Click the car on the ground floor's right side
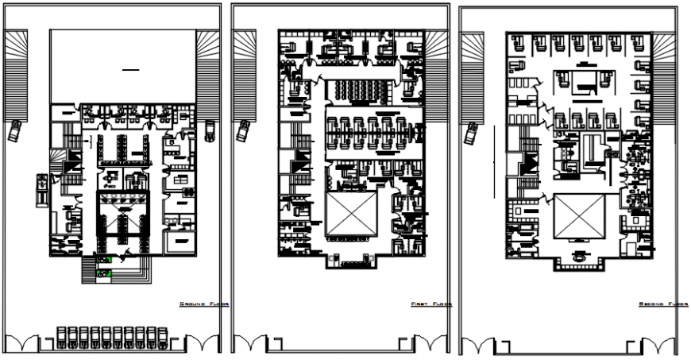pyautogui.click(x=210, y=130)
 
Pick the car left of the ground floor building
pyautogui.click(x=15, y=130)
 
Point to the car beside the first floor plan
pyautogui.click(x=244, y=130)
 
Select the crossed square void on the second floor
pyautogui.click(x=579, y=216)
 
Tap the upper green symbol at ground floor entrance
pyautogui.click(x=103, y=259)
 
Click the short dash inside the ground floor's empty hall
pyautogui.click(x=129, y=72)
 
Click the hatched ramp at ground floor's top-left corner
pyautogui.click(x=16, y=75)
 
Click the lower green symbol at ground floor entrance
pyautogui.click(x=103, y=273)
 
